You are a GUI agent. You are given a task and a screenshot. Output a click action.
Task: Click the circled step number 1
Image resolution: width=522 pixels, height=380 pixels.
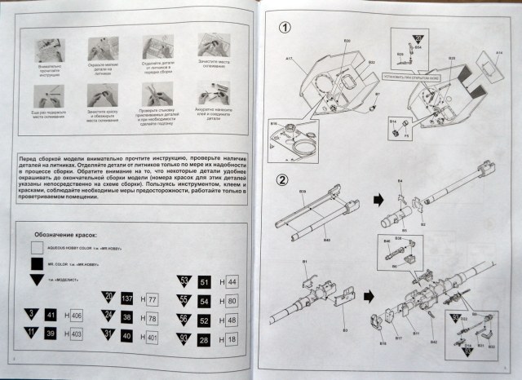pyautogui.click(x=284, y=28)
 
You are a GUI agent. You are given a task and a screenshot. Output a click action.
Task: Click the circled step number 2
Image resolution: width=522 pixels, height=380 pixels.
pyautogui.click(x=282, y=180)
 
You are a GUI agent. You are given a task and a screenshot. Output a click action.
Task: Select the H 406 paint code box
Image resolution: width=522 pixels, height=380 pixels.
pyautogui.click(x=77, y=316)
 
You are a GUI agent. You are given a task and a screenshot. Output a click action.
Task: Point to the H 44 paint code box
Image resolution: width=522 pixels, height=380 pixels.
pyautogui.click(x=231, y=281)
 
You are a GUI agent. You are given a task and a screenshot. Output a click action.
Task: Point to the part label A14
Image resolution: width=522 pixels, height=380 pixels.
pyautogui.click(x=499, y=54)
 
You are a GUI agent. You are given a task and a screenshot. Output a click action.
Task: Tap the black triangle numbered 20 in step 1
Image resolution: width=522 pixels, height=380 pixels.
pyautogui.click(x=418, y=38)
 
